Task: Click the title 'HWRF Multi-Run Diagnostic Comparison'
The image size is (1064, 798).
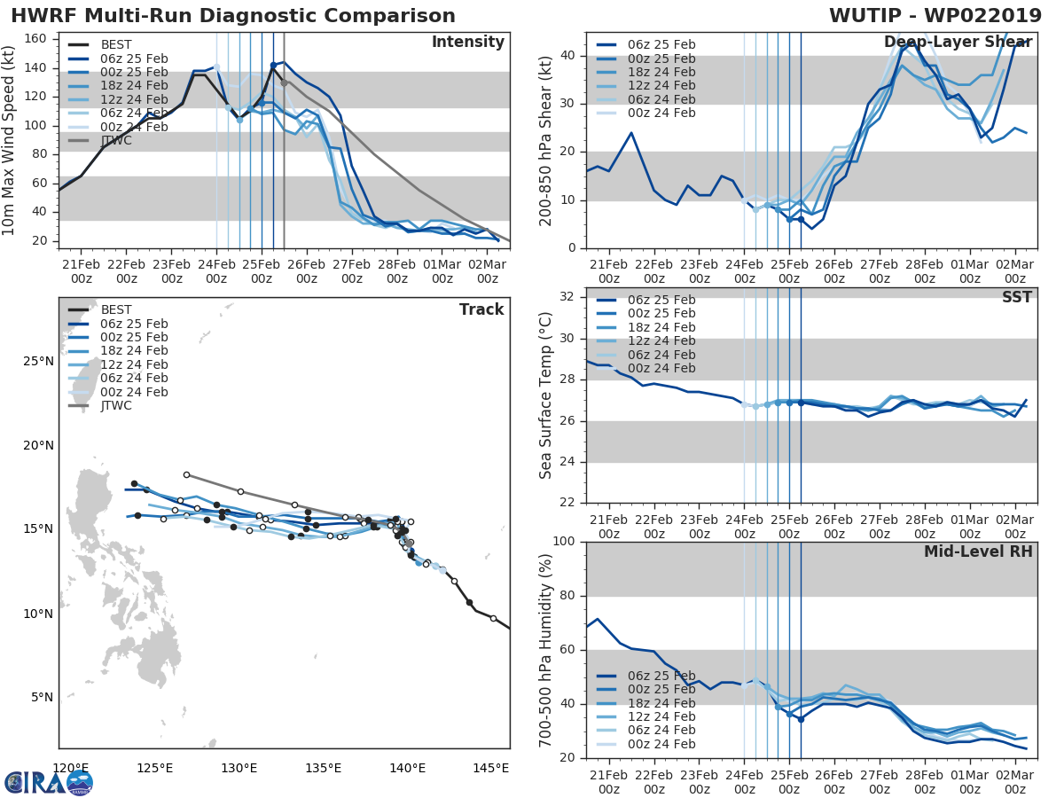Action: (x=233, y=16)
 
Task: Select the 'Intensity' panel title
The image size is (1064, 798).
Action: (x=467, y=43)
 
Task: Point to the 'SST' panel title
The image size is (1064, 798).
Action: (x=1017, y=297)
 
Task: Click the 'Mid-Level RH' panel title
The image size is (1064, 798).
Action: (x=978, y=552)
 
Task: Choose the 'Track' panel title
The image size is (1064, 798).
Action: (x=481, y=309)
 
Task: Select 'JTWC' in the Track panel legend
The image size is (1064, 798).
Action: (x=117, y=405)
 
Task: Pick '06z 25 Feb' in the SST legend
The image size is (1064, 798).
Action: (x=661, y=300)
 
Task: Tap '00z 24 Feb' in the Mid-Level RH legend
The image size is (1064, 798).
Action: (x=661, y=745)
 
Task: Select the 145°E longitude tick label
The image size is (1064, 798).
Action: (x=491, y=768)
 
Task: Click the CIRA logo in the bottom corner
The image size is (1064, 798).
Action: (x=49, y=782)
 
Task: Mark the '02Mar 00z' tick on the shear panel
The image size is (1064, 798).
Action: (x=1015, y=271)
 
